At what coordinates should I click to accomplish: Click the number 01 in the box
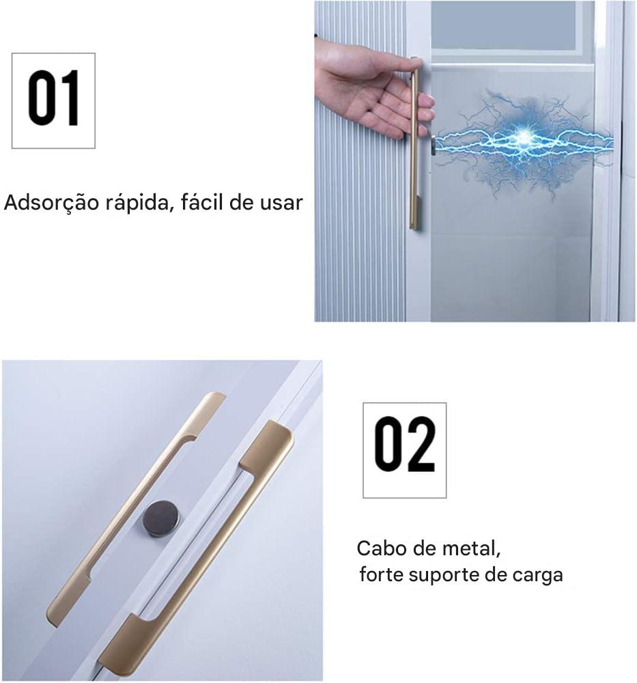click(53, 100)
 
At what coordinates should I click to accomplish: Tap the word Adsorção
click(49, 204)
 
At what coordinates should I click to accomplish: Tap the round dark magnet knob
click(158, 519)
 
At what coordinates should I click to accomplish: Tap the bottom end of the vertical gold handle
click(414, 224)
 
